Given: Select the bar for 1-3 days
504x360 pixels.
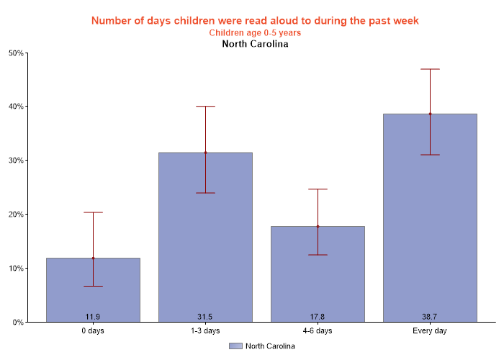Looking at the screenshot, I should click(x=205, y=237).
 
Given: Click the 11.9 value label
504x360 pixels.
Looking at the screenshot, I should click(x=93, y=316).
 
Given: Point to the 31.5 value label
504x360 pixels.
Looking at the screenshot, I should click(x=205, y=316).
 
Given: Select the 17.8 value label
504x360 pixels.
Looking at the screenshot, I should click(x=318, y=316).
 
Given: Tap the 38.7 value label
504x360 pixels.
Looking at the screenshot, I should click(x=430, y=316).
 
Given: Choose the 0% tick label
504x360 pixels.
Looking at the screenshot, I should click(x=18, y=323).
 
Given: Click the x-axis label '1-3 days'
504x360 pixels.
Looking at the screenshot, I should click(x=205, y=331).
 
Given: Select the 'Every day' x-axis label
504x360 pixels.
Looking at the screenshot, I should click(x=430, y=331).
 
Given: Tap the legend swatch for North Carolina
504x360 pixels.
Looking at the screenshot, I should click(x=235, y=346).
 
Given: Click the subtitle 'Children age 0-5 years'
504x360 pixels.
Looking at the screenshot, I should click(x=255, y=32).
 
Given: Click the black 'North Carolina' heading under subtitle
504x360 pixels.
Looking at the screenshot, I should click(x=255, y=44).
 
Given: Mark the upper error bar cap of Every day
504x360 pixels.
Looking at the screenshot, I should click(x=430, y=69).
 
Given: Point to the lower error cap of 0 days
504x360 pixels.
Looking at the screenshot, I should click(x=93, y=286).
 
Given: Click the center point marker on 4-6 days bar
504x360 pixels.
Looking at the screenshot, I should click(x=318, y=226).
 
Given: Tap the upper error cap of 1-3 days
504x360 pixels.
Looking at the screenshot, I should click(x=205, y=107).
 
